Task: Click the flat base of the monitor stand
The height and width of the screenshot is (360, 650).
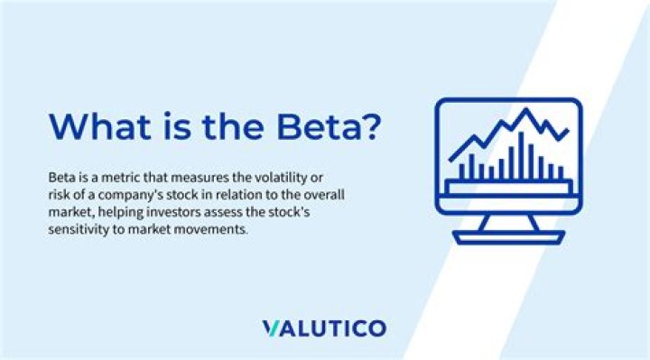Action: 508,238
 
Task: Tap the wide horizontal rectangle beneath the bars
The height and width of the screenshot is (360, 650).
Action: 508,187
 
